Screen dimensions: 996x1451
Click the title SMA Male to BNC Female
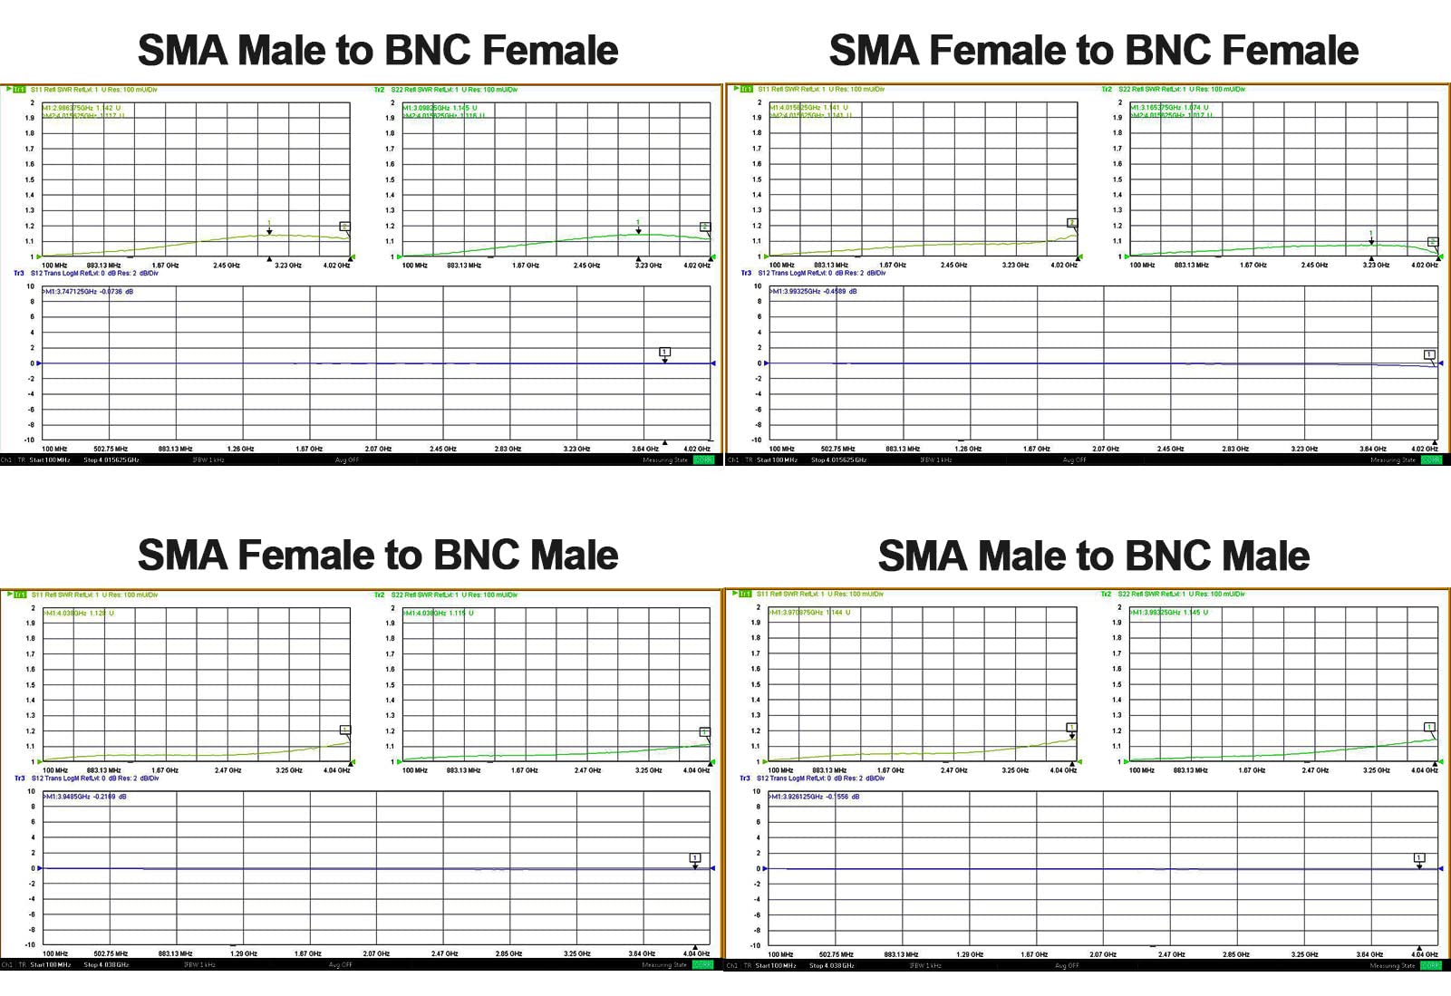tap(377, 50)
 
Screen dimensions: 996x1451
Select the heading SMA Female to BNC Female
tap(1093, 50)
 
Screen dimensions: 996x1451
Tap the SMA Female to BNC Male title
tap(377, 555)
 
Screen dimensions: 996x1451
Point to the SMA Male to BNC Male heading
tap(1093, 556)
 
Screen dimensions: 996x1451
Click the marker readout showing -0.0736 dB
tap(89, 292)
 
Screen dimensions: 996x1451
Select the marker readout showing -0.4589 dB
tap(814, 292)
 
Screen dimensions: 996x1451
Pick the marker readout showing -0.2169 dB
tap(86, 797)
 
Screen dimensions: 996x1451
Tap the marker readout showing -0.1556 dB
tap(815, 797)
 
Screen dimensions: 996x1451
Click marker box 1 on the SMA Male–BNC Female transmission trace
tap(664, 352)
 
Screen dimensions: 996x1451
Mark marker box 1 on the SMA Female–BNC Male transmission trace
tap(695, 857)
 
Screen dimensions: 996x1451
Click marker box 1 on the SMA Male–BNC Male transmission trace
tap(1419, 857)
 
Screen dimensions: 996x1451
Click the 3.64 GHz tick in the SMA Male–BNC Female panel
tap(644, 449)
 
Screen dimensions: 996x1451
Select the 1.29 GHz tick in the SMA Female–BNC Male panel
tap(244, 953)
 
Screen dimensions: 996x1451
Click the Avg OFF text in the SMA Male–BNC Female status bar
tap(346, 460)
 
